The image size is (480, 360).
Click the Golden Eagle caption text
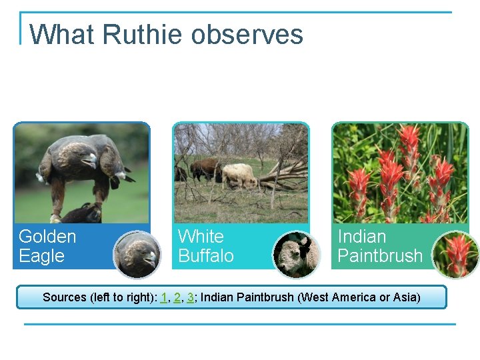click(47, 246)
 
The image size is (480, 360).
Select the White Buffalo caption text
click(206, 246)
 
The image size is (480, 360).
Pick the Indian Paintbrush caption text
click(380, 246)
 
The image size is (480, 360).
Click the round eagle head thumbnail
click(137, 255)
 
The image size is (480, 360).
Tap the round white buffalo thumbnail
click(297, 255)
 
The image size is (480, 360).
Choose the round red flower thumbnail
click(456, 255)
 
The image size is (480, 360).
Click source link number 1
click(164, 297)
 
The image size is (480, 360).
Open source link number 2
click(177, 297)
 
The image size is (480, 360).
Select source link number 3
click(191, 297)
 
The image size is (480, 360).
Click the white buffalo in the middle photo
click(239, 175)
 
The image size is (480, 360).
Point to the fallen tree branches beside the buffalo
click(283, 176)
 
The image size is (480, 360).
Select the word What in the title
click(53, 35)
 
